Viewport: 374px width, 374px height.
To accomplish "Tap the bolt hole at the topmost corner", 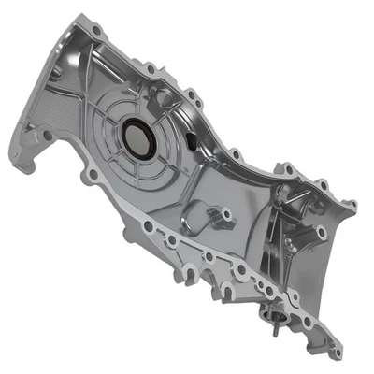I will click(x=96, y=31).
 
